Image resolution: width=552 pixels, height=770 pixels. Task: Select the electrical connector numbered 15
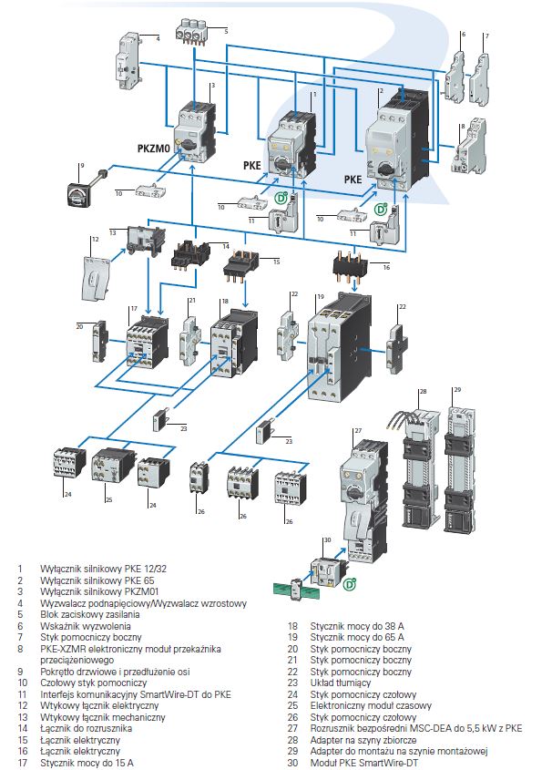click(x=243, y=263)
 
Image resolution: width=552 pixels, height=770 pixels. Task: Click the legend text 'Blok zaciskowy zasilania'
click(x=88, y=614)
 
